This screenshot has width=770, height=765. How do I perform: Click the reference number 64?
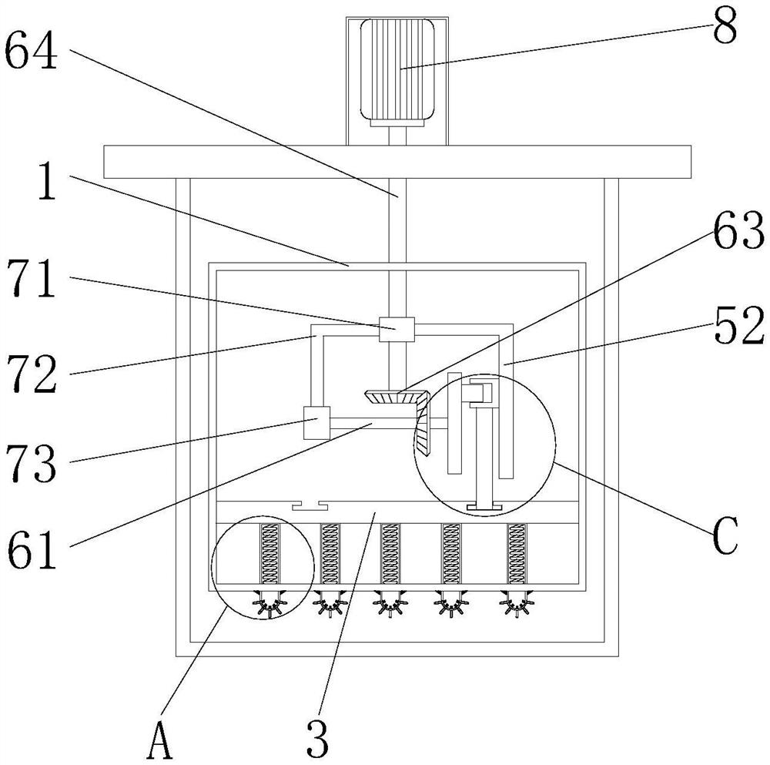31,51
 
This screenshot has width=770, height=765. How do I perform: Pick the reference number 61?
32,550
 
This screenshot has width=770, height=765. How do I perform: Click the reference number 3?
317,739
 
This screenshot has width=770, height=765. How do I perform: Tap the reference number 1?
47,181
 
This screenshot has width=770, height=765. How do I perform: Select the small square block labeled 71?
397,329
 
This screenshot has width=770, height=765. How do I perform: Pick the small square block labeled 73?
316,422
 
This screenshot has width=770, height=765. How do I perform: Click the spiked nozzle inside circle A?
269,602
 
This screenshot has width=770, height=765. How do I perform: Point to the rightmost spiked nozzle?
516,602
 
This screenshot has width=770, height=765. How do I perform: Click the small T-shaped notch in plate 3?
310,506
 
